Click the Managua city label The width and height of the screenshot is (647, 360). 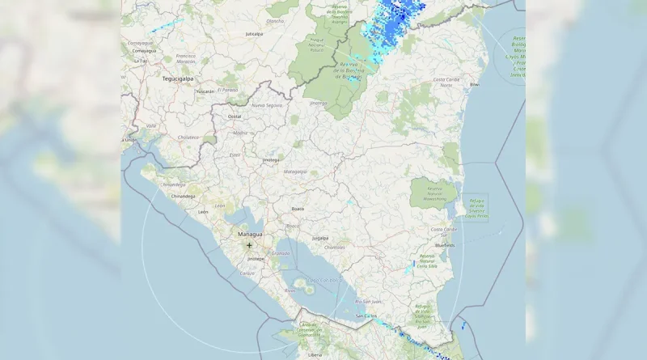[x=250, y=234]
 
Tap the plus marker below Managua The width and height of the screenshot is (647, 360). [x=250, y=245]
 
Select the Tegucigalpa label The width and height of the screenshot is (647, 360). [x=180, y=79]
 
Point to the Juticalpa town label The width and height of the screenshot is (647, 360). [x=255, y=34]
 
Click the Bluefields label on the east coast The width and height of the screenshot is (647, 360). [x=444, y=244]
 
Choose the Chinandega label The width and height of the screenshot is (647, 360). [x=183, y=196]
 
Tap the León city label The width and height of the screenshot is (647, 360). [x=203, y=211]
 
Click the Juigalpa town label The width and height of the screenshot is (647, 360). [x=320, y=238]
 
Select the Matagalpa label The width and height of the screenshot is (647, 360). [x=295, y=172]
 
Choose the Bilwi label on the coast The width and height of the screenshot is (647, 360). [x=476, y=84]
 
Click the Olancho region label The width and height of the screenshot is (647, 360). [x=275, y=21]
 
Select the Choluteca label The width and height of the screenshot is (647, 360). [x=188, y=138]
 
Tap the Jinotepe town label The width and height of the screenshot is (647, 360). [x=256, y=258]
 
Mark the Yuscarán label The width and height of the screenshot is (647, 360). [x=205, y=91]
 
